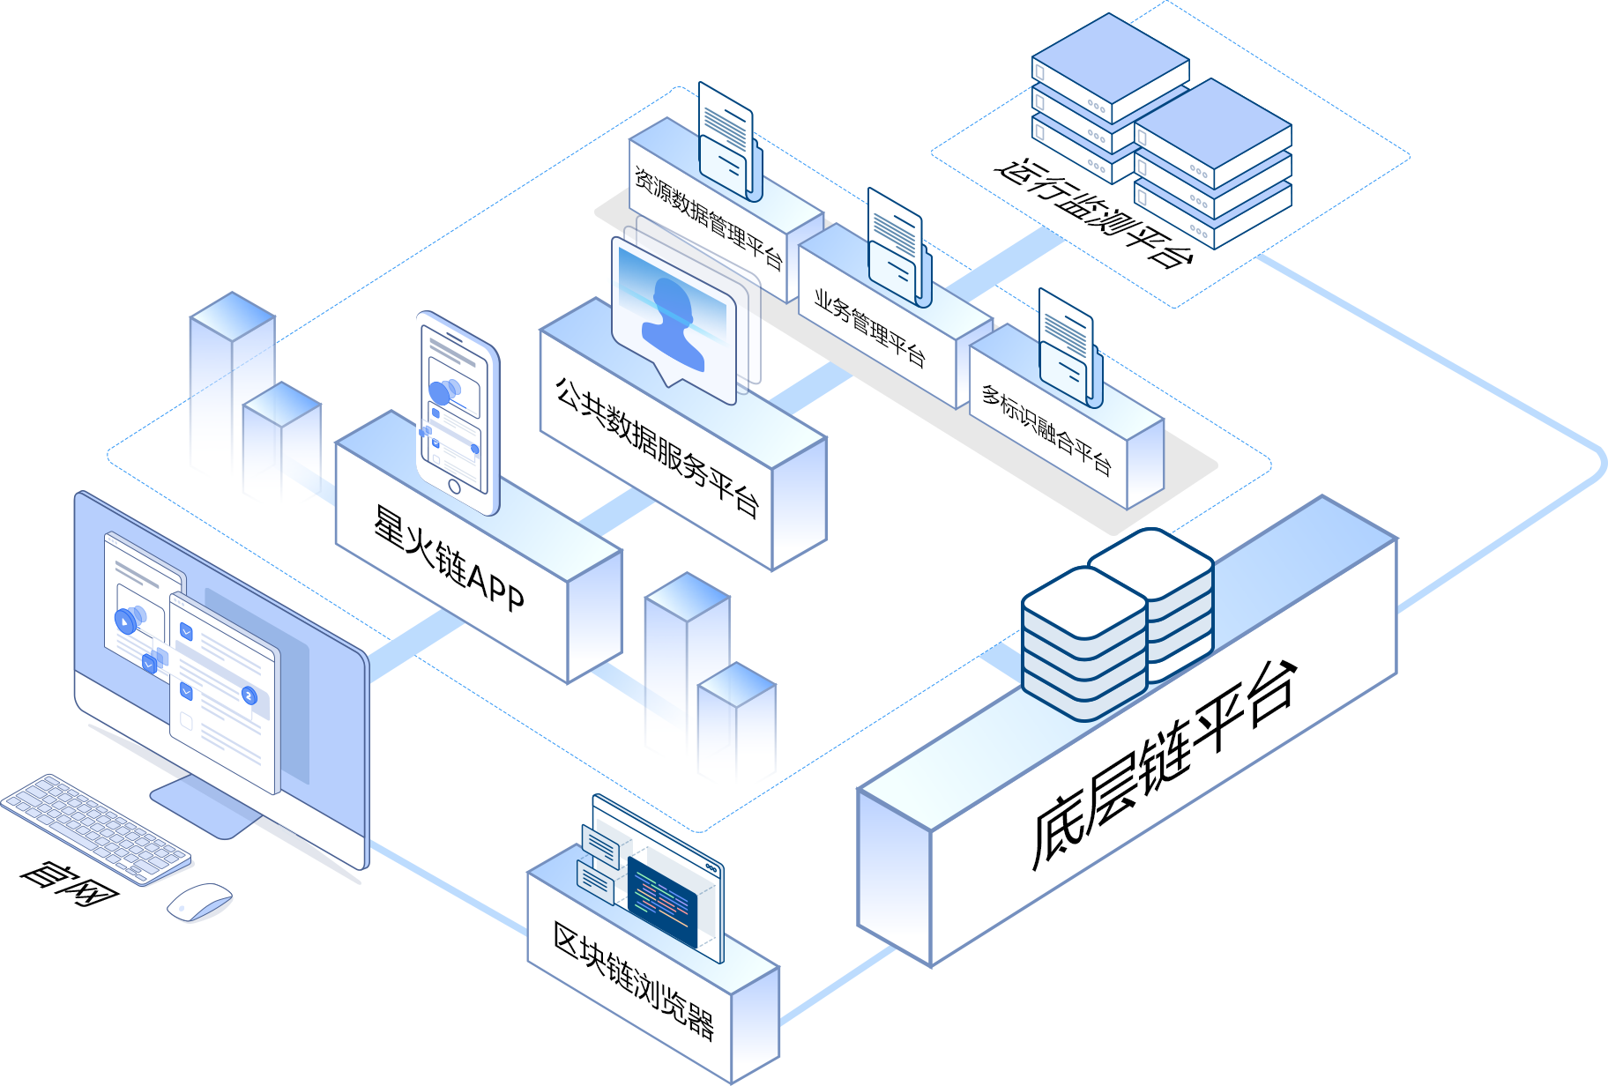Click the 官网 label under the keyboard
point(69,884)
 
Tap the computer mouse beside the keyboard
point(200,902)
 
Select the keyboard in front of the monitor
point(95,829)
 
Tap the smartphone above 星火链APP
point(458,413)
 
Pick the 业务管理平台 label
point(869,327)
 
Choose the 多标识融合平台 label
point(1046,428)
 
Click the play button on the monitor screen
point(129,621)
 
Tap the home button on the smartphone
point(454,487)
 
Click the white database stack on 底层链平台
point(1118,623)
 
